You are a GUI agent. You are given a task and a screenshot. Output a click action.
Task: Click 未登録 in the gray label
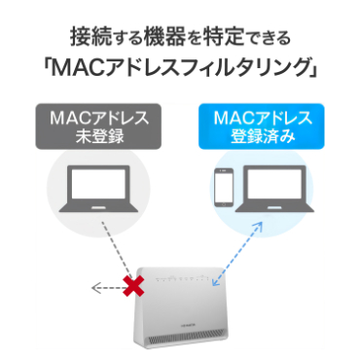tap(97, 139)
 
